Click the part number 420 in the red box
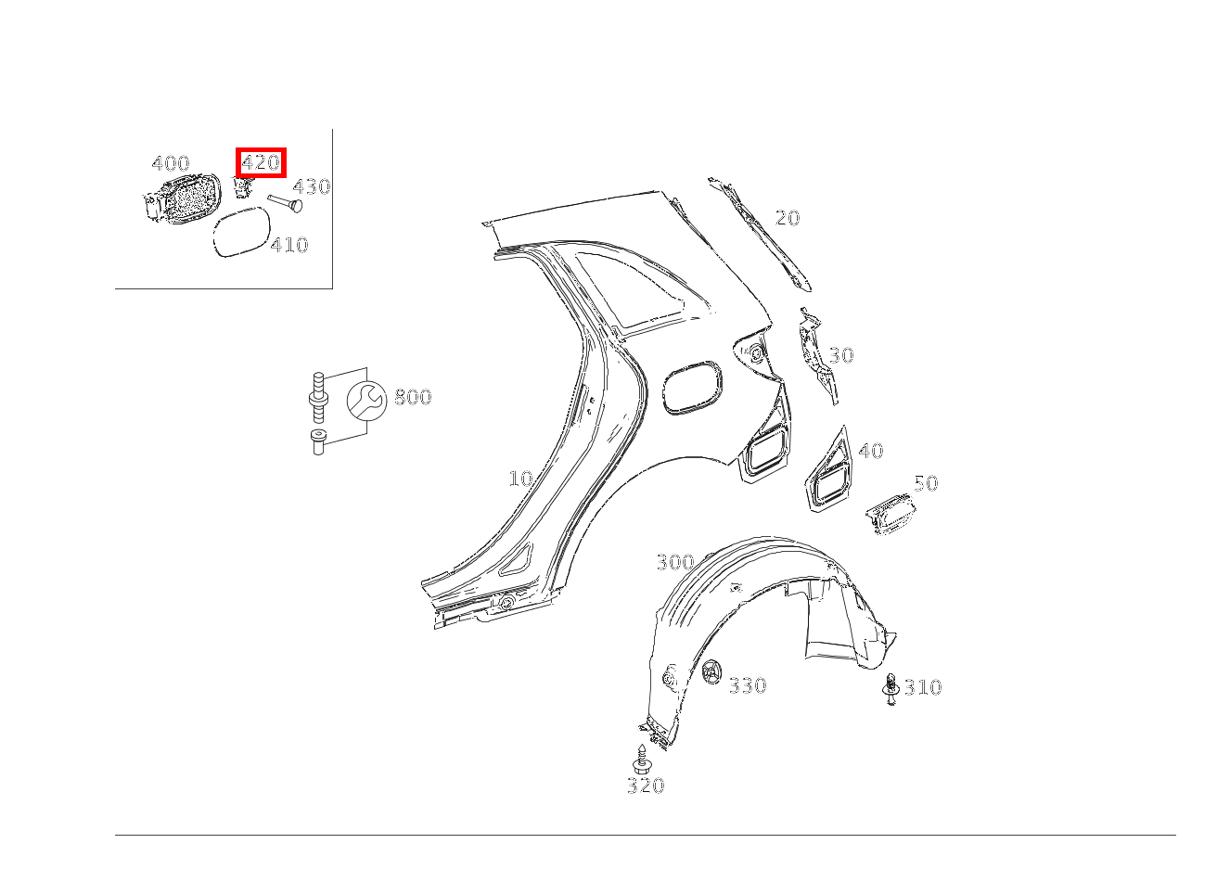pos(261,162)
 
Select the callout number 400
pos(171,163)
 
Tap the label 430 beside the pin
pos(312,187)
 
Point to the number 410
pos(289,245)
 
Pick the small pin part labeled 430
pos(286,203)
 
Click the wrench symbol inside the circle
pos(366,401)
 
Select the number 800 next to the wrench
pos(413,397)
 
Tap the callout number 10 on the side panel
pos(520,479)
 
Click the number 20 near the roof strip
pos(788,218)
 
